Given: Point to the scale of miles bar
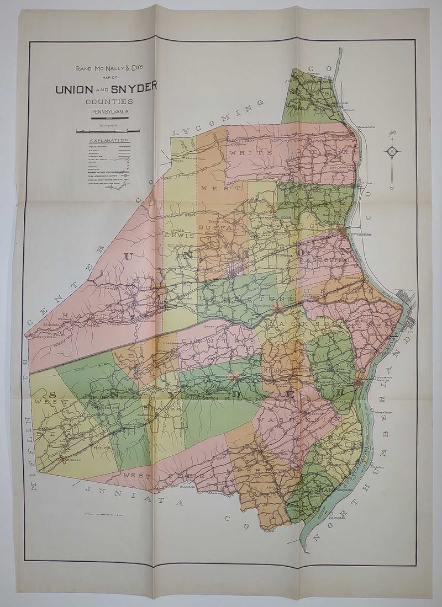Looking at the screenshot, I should pyautogui.click(x=108, y=131).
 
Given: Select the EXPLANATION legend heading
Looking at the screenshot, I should pyautogui.click(x=109, y=141).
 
